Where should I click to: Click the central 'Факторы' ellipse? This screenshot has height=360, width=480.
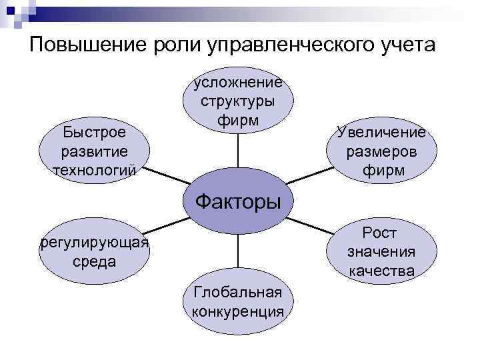[x=237, y=200]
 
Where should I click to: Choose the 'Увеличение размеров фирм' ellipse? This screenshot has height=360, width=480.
[x=382, y=151]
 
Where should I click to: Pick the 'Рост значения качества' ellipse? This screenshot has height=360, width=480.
[x=381, y=251]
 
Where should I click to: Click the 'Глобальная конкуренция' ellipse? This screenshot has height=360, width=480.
[x=237, y=301]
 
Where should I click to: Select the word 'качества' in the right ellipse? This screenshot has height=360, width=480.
[x=381, y=271]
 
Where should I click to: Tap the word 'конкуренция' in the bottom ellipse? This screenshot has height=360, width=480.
[x=237, y=311]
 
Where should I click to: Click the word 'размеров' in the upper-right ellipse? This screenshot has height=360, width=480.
[x=382, y=151]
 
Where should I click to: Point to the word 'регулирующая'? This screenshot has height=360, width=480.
[x=94, y=241]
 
